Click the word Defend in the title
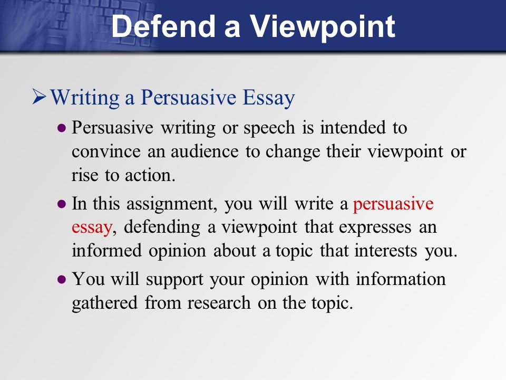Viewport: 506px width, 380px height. click(x=163, y=26)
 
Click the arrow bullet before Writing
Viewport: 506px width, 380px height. click(x=40, y=97)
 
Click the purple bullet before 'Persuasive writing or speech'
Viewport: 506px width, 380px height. click(x=62, y=128)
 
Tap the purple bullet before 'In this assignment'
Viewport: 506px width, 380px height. click(x=62, y=204)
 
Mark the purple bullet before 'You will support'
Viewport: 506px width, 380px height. click(x=62, y=279)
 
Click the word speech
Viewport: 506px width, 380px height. click(x=269, y=128)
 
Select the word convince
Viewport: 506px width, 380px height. click(x=106, y=151)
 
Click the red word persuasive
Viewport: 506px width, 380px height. click(x=393, y=205)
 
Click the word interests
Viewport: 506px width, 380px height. click(x=386, y=251)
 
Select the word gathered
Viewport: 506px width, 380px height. click(x=104, y=303)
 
